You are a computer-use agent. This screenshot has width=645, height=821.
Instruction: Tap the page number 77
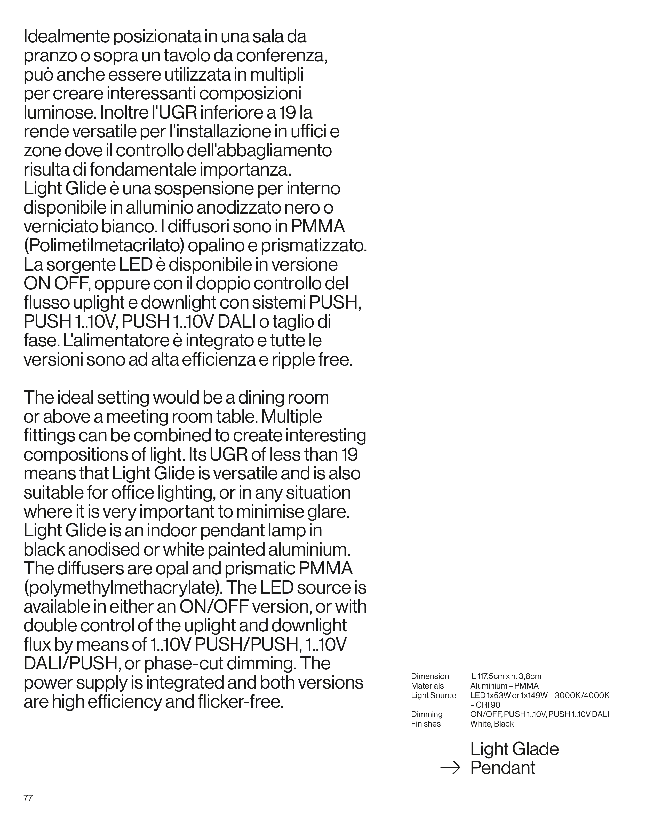pos(28,798)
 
